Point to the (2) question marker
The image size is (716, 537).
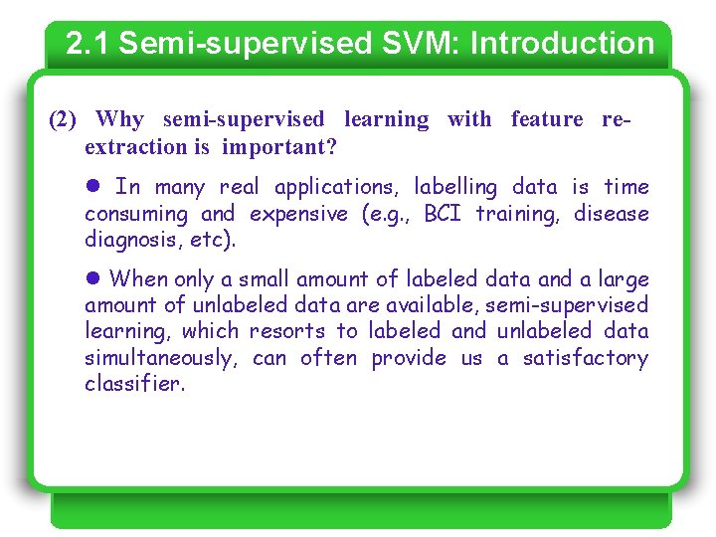click(x=63, y=120)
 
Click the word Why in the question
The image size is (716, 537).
click(x=120, y=120)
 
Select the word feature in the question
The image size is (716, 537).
click(x=547, y=120)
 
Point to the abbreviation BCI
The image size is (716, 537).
click(x=444, y=214)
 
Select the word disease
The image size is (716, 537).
click(x=611, y=214)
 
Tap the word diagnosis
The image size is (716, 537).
click(x=125, y=240)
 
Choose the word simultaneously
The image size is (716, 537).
click(x=160, y=358)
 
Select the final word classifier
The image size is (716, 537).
click(x=134, y=384)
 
